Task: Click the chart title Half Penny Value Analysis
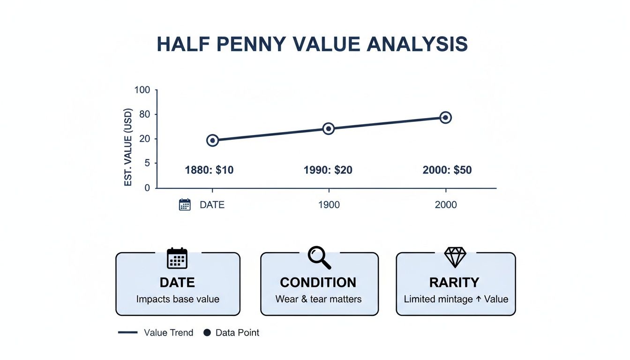[312, 44]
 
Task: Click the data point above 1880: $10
[212, 140]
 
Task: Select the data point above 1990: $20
[329, 128]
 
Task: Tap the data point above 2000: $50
[445, 117]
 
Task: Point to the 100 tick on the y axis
[142, 90]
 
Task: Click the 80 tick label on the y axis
[144, 114]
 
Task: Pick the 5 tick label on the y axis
[147, 163]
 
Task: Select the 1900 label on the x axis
[329, 205]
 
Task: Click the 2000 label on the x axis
[445, 205]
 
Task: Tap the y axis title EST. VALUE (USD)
[128, 147]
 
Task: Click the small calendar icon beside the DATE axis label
[185, 205]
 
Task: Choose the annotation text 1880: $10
[210, 170]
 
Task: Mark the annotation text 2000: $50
[447, 170]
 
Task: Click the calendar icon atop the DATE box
[177, 258]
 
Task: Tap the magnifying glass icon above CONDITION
[319, 257]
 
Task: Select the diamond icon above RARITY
[455, 257]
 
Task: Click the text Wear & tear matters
[319, 299]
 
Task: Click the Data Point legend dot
[207, 333]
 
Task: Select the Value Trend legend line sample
[128, 333]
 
